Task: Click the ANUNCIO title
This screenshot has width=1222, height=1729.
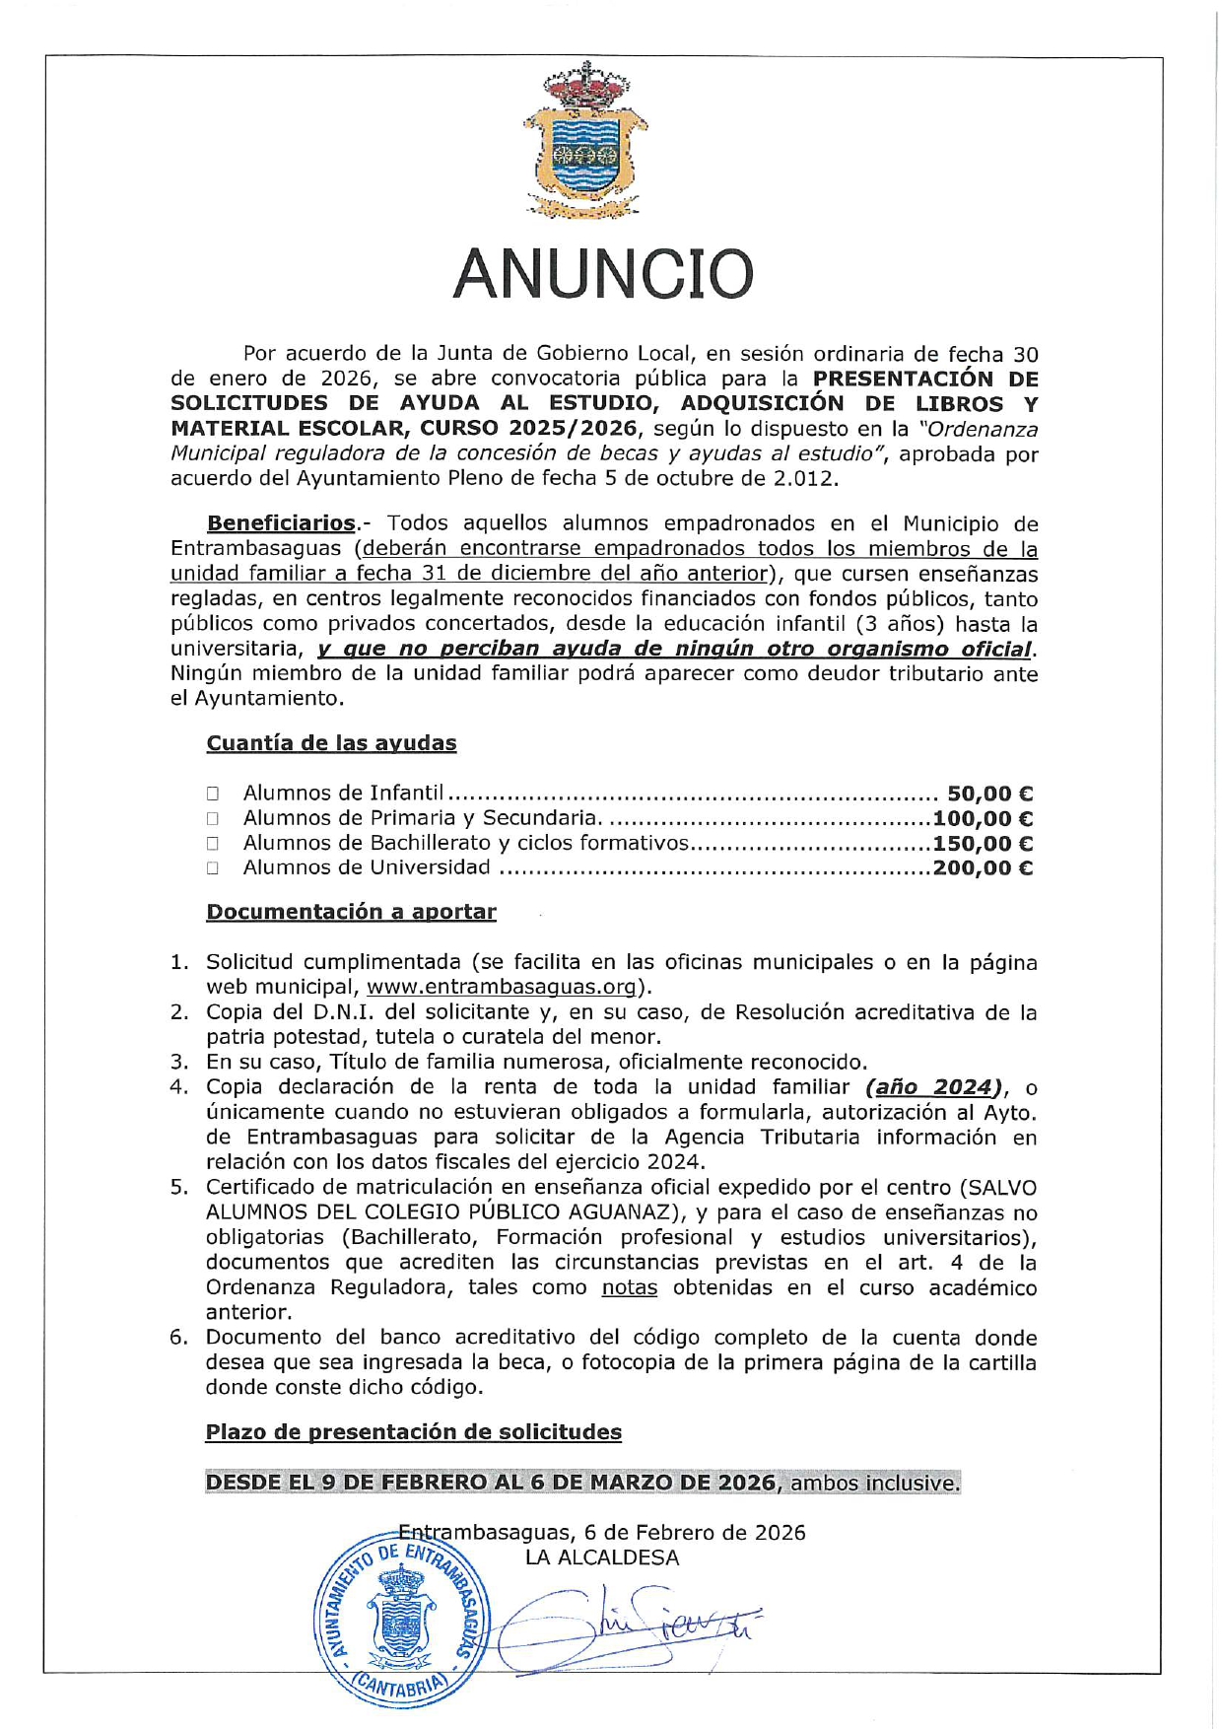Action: pyautogui.click(x=603, y=274)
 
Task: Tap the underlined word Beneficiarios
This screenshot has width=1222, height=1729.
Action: pyautogui.click(x=281, y=523)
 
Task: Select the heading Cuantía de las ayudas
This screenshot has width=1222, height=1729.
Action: pyautogui.click(x=331, y=743)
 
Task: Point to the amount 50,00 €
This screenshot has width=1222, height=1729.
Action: pyautogui.click(x=989, y=794)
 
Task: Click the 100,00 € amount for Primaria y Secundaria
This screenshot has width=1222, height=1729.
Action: pyautogui.click(x=983, y=818)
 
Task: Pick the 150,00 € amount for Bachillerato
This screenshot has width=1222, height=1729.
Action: pyautogui.click(x=983, y=844)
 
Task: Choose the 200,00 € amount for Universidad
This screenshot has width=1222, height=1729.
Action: pyautogui.click(x=983, y=868)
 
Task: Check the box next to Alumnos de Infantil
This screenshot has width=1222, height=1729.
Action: pyautogui.click(x=213, y=794)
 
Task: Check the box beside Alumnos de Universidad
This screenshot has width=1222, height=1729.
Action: pyautogui.click(x=213, y=868)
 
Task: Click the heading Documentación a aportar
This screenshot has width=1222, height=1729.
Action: pyautogui.click(x=351, y=912)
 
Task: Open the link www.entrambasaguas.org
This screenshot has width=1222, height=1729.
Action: pyautogui.click(x=501, y=988)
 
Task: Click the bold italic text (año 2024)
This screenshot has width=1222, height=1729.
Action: pyautogui.click(x=934, y=1087)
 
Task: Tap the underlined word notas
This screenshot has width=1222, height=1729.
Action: pyautogui.click(x=630, y=1288)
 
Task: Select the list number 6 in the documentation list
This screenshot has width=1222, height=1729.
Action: pyautogui.click(x=177, y=1338)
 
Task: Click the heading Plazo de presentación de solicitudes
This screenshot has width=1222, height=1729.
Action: pyautogui.click(x=413, y=1432)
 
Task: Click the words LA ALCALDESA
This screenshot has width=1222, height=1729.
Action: pyautogui.click(x=602, y=1558)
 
